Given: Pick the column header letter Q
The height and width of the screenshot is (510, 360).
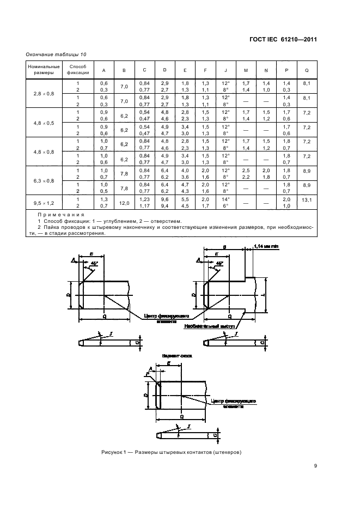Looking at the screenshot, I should [307, 70].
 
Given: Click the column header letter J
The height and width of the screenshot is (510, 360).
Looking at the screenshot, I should [225, 70].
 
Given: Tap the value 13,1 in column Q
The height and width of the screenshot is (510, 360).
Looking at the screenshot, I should [307, 199].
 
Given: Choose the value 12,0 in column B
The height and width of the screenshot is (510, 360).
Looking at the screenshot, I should [124, 203].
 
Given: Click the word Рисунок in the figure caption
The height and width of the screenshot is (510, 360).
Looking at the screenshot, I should [112, 452].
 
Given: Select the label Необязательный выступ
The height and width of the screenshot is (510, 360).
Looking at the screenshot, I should [208, 326].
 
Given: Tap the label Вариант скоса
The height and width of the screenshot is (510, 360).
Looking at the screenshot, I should [174, 355].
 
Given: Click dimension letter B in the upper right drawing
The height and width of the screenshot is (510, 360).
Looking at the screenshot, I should [224, 246].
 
